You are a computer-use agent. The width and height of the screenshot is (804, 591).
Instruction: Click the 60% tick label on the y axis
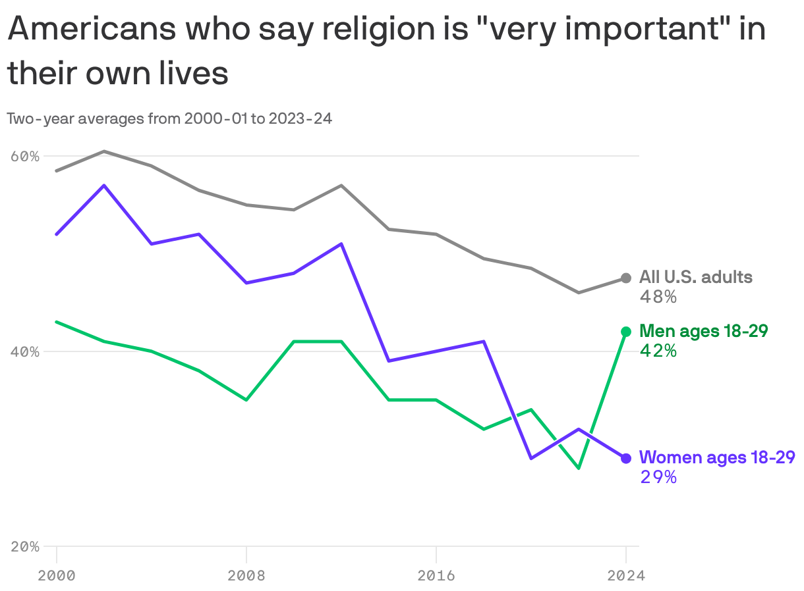click(x=25, y=157)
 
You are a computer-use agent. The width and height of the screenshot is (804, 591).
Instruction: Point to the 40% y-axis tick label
click(x=25, y=351)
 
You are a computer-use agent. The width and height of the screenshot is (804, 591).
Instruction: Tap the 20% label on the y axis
click(x=25, y=546)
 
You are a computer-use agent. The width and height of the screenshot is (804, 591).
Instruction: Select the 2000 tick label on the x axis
click(x=57, y=576)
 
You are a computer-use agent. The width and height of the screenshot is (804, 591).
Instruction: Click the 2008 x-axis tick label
click(x=246, y=576)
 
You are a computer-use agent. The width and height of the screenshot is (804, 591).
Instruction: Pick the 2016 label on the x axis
click(x=436, y=576)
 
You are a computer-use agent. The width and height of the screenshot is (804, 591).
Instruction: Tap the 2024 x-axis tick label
click(x=625, y=576)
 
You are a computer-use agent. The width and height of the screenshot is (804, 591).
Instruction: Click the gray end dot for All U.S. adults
click(x=626, y=278)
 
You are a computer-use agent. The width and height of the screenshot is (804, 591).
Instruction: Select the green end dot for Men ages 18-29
click(x=626, y=332)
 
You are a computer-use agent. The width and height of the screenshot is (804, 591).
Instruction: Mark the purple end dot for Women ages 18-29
click(x=626, y=458)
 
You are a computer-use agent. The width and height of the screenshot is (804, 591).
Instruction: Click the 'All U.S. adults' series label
click(x=695, y=277)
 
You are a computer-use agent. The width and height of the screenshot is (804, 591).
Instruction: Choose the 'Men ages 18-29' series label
click(x=703, y=331)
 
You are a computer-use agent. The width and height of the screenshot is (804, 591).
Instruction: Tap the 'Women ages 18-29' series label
click(x=717, y=457)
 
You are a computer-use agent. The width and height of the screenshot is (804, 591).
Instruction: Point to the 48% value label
click(x=658, y=297)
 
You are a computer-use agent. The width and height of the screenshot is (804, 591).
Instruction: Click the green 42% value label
click(x=658, y=351)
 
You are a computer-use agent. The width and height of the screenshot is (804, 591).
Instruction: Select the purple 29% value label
click(x=658, y=477)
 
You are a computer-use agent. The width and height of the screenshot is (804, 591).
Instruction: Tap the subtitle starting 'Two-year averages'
click(x=169, y=119)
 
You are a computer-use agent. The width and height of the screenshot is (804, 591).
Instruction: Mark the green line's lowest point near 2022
click(x=579, y=468)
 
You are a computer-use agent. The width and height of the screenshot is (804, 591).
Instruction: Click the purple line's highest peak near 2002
click(x=104, y=186)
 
